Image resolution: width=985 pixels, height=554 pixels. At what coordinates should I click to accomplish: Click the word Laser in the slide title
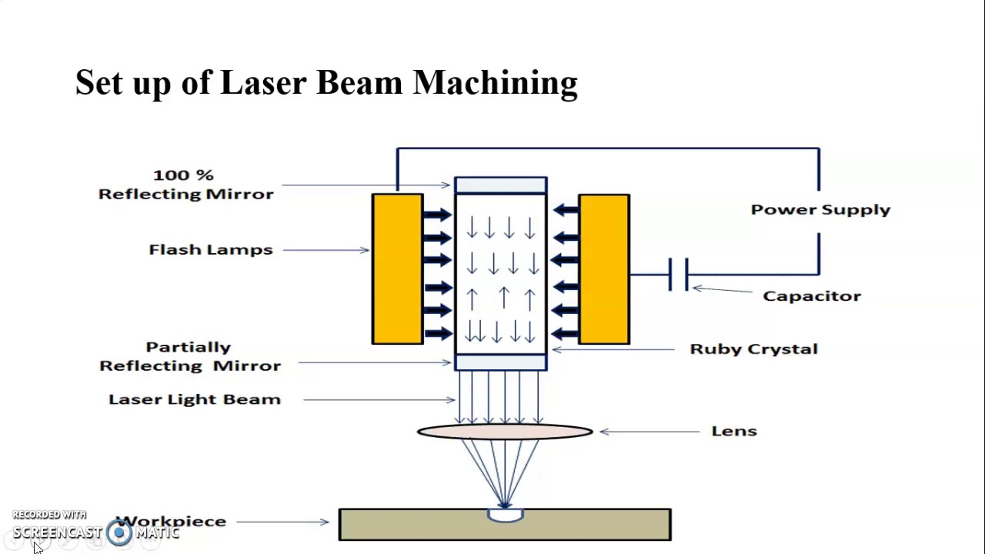coord(263,82)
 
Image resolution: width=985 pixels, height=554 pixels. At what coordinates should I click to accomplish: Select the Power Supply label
coord(820,210)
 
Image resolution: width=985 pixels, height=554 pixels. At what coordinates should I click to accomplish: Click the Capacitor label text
coord(812,296)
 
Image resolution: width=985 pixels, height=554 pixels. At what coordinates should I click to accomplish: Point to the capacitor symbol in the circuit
coord(679,275)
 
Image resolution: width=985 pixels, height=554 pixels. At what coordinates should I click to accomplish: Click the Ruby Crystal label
coord(753,349)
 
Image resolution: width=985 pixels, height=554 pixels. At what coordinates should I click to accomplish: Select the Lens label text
coord(734,431)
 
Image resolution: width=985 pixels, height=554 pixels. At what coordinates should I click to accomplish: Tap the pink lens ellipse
coord(505,432)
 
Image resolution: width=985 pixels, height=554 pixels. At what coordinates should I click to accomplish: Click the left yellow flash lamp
coord(398,269)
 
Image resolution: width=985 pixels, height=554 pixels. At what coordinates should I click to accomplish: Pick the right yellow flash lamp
coord(604,269)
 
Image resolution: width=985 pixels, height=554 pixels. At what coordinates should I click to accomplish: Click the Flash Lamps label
coord(211,250)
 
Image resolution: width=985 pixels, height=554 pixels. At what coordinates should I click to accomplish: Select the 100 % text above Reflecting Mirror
coord(183,175)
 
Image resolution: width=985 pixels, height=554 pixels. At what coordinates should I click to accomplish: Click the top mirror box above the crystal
coord(501,185)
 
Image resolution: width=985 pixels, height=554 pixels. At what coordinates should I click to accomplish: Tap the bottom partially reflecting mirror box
coord(501,362)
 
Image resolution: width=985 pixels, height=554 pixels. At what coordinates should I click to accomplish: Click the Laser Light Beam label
coord(195,399)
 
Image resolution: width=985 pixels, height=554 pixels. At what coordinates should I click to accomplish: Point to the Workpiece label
coord(171,522)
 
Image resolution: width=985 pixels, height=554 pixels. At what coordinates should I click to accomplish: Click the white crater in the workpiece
coord(506,515)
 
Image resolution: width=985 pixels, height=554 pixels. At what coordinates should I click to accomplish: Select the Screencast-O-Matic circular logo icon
coord(119,532)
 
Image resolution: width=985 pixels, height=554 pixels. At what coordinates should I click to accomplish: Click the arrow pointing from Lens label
coord(649,432)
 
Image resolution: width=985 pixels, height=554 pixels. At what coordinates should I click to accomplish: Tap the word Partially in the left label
coord(189,347)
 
